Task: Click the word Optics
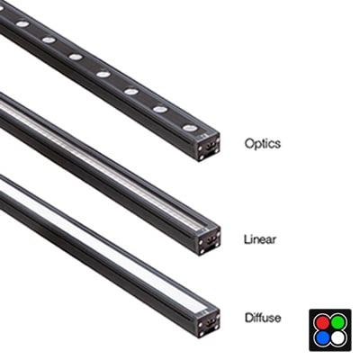(x=263, y=144)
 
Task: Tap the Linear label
(x=260, y=239)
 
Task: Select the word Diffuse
(x=263, y=318)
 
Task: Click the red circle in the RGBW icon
(x=322, y=323)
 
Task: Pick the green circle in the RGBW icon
(x=338, y=323)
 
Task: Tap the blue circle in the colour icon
(x=322, y=338)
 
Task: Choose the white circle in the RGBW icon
(x=338, y=338)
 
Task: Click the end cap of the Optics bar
(x=209, y=147)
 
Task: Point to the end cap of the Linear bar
(x=209, y=241)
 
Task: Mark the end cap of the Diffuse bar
(x=209, y=321)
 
